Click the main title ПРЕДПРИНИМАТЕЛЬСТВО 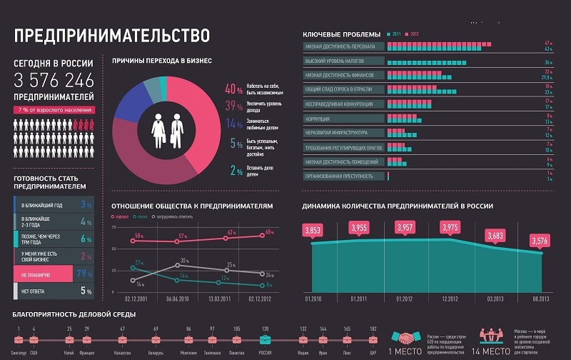(111, 35)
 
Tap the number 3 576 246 (54, 80)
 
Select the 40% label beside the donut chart (233, 90)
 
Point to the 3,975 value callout (450, 227)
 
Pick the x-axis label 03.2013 (495, 298)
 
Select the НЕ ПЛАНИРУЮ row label (36, 273)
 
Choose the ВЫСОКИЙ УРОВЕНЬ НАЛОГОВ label (335, 61)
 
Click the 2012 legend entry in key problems (412, 34)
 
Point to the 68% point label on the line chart (269, 232)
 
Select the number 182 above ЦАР (373, 329)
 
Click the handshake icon (409, 337)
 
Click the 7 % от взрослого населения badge (54, 110)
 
